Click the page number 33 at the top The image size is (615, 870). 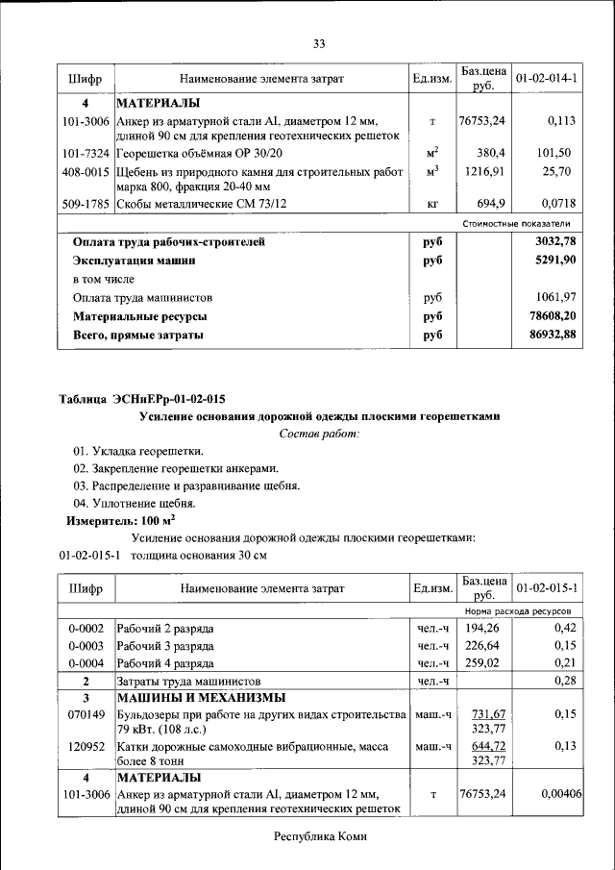pyautogui.click(x=320, y=43)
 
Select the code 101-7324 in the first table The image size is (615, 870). pyautogui.click(x=86, y=153)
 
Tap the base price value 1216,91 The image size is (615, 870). pyautogui.click(x=484, y=171)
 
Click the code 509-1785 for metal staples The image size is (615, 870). pyautogui.click(x=86, y=204)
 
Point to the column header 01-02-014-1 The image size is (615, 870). pyautogui.click(x=546, y=78)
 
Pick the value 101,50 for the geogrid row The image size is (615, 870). pyautogui.click(x=554, y=153)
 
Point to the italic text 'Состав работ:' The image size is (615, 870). pyautogui.click(x=319, y=435)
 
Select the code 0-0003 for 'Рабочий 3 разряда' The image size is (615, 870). pyautogui.click(x=86, y=645)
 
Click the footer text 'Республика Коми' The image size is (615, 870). pyautogui.click(x=320, y=836)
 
